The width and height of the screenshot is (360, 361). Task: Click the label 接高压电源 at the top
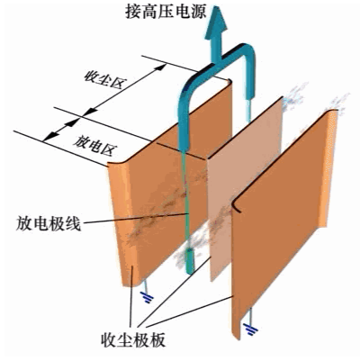(x=166, y=13)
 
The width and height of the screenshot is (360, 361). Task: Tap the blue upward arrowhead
(x=216, y=21)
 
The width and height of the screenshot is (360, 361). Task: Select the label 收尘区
(x=104, y=79)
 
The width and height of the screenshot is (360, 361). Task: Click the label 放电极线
(x=49, y=223)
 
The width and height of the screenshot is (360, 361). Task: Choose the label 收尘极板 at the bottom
(x=134, y=340)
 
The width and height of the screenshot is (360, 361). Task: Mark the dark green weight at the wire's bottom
(x=190, y=261)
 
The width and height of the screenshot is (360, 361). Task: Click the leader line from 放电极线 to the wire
(x=135, y=218)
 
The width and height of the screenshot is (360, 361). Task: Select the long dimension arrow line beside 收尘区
(x=124, y=89)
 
